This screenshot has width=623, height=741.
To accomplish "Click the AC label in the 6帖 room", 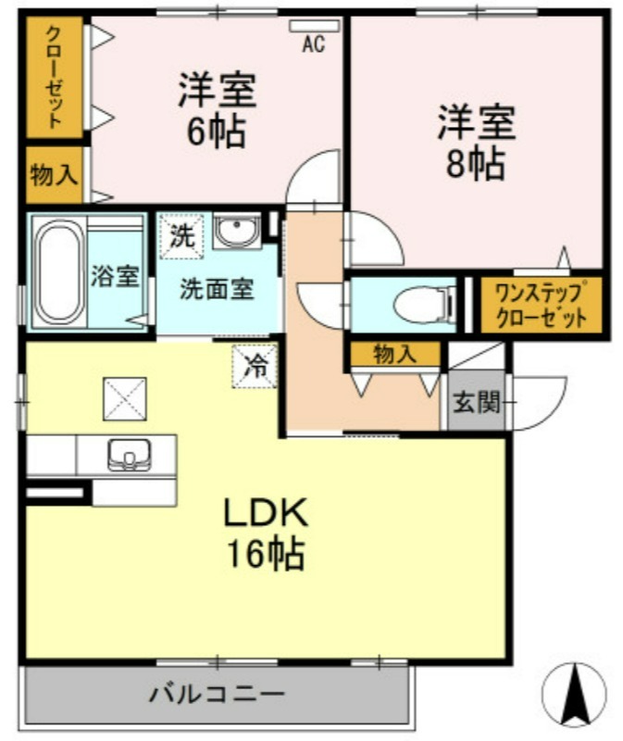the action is [x=314, y=44].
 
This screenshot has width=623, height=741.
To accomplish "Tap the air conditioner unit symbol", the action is [x=315, y=26].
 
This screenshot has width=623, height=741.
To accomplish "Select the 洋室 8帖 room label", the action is [x=476, y=143].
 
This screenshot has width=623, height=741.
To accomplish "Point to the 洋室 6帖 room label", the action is [x=217, y=109].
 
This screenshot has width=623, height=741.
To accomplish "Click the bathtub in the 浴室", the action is [x=58, y=271].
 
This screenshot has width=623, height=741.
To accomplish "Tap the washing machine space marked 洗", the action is [x=181, y=236].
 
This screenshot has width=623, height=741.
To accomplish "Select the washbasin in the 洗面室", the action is [x=236, y=231].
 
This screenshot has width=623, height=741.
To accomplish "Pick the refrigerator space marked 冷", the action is [x=255, y=366].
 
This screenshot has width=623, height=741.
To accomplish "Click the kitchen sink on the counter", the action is [x=129, y=455].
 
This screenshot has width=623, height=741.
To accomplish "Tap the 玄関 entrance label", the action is [x=476, y=403].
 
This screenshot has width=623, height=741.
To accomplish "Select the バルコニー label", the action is [x=218, y=694].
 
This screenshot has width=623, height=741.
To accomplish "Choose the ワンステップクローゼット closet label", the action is [x=542, y=305].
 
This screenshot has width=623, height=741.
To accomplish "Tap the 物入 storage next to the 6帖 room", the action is [x=55, y=176].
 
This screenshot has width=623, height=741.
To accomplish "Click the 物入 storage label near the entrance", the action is [x=395, y=354].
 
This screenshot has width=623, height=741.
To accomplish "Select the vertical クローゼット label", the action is [x=55, y=77].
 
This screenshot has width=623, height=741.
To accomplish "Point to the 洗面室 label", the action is [x=217, y=289].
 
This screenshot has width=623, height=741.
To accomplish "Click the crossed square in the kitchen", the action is [x=125, y=399].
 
